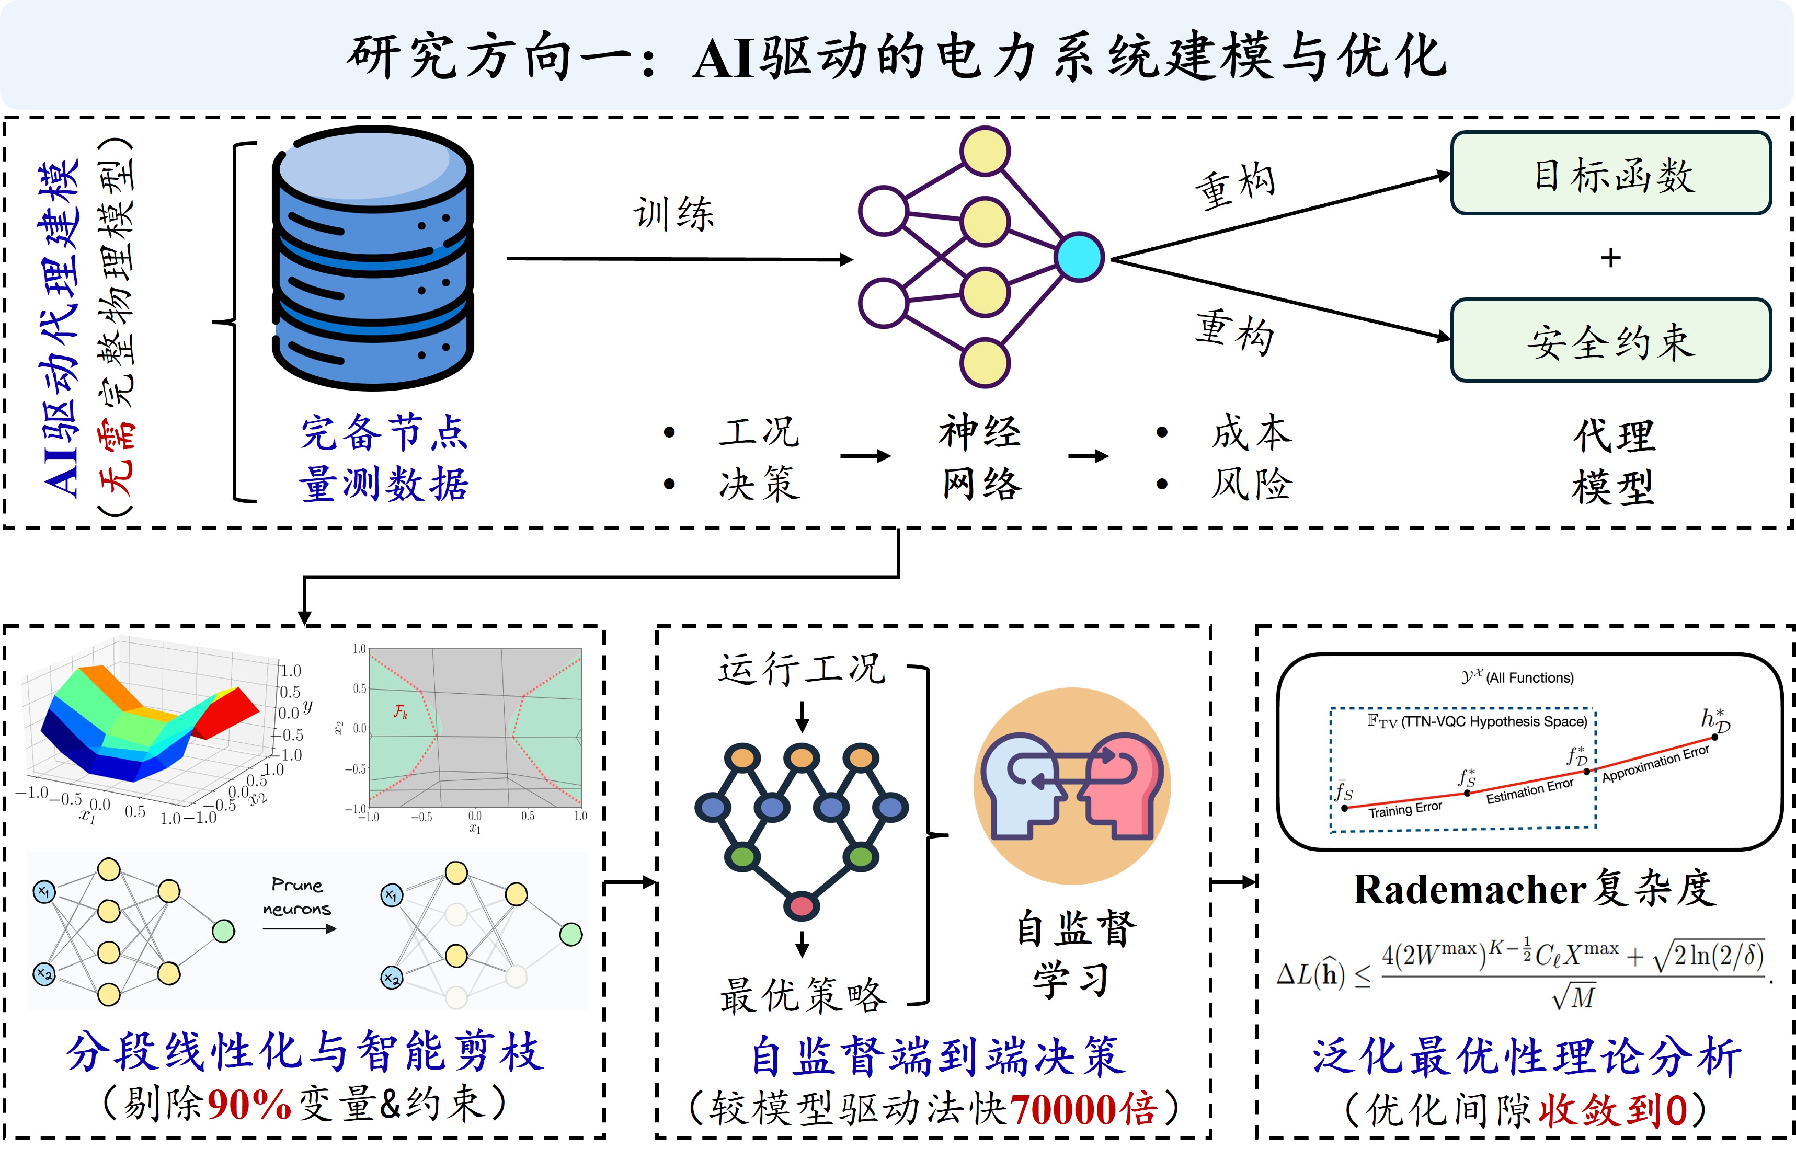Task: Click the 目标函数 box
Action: click(x=1611, y=174)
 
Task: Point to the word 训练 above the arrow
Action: click(x=673, y=214)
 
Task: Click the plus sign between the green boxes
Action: click(x=1611, y=258)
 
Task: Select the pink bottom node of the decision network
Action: click(x=802, y=905)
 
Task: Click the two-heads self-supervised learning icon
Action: click(x=1072, y=786)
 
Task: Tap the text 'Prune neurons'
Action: click(x=297, y=897)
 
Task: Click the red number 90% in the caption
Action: click(x=248, y=1106)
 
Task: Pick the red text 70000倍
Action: click(x=1083, y=1109)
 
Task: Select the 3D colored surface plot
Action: click(x=151, y=723)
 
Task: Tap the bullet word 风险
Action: click(x=1251, y=484)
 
